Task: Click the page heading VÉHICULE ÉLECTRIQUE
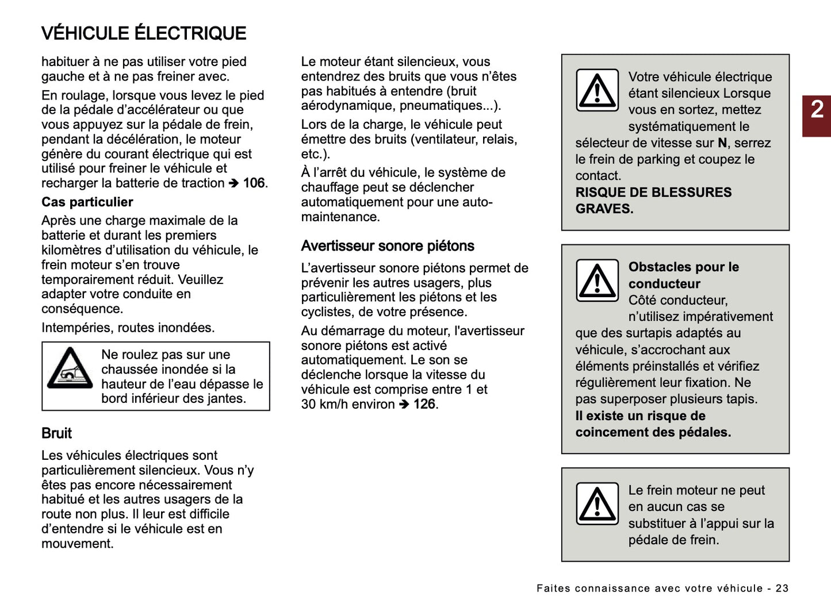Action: (x=144, y=33)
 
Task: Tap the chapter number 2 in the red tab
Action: (x=817, y=110)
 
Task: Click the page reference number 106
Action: (x=254, y=183)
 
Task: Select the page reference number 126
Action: (x=424, y=405)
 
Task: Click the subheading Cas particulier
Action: (x=87, y=202)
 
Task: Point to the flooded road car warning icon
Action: (x=70, y=368)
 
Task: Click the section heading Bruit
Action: (x=56, y=433)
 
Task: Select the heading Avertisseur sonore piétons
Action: (x=388, y=246)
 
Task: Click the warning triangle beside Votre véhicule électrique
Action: (x=597, y=91)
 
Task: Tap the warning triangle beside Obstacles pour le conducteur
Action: (x=597, y=280)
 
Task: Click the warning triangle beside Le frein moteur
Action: (x=597, y=504)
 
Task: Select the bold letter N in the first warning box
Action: (x=722, y=143)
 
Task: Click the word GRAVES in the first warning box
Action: (x=604, y=209)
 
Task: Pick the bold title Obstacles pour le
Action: (x=683, y=267)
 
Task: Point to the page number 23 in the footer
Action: (x=782, y=589)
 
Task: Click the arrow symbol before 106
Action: (x=233, y=184)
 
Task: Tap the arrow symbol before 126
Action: (x=404, y=405)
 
